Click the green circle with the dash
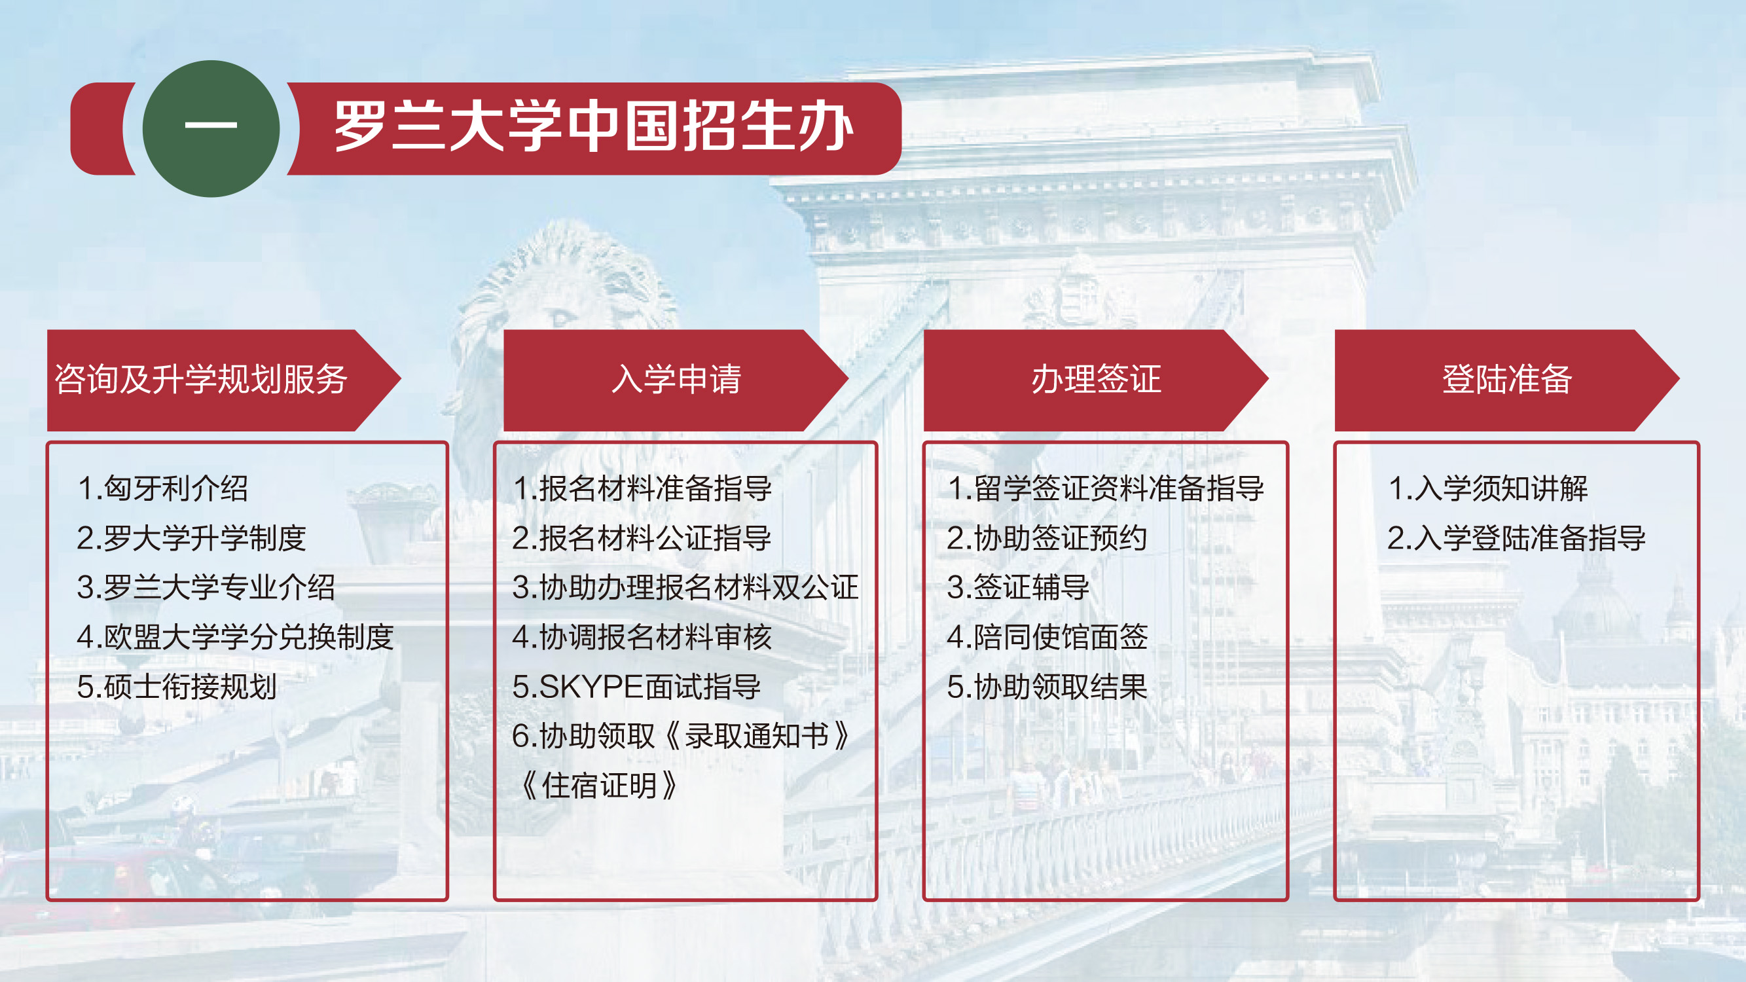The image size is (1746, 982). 211,129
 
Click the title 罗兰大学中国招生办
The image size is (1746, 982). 594,127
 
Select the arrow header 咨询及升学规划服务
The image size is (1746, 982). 224,380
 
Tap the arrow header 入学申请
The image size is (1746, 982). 676,380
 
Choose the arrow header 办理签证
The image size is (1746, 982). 1095,380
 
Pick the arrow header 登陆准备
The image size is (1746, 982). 1507,380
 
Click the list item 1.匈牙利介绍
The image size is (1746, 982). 162,488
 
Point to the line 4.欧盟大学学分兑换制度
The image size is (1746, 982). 235,637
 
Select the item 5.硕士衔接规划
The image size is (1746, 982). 177,687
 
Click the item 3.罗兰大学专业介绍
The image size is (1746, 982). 206,587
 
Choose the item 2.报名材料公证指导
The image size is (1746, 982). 642,538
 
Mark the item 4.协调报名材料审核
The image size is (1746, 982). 642,637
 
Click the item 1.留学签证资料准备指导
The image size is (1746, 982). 1106,488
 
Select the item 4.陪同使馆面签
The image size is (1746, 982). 1047,637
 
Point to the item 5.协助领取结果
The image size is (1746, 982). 1047,687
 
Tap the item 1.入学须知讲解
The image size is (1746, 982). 1488,488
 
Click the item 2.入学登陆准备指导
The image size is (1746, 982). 1516,538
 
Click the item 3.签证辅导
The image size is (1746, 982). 1018,587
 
